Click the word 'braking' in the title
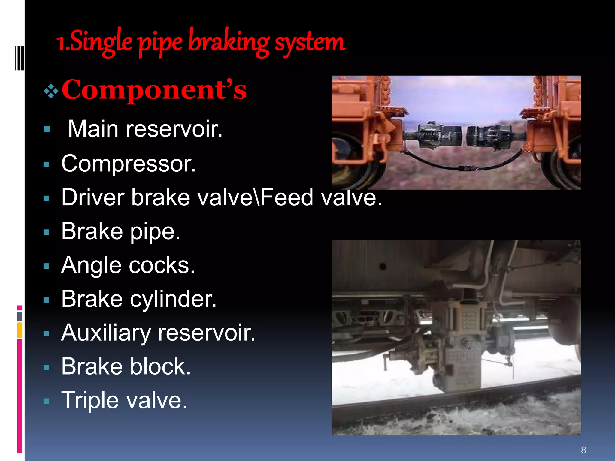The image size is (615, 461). tap(229, 42)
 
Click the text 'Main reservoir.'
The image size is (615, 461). tap(145, 129)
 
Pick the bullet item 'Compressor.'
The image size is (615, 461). tap(129, 164)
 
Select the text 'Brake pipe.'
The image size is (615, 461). tap(121, 231)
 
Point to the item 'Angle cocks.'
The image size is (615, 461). tap(128, 265)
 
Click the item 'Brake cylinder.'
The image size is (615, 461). tap(139, 299)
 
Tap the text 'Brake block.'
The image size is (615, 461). tap(126, 366)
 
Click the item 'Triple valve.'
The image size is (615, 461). tap(124, 400)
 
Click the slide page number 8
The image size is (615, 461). tap(583, 450)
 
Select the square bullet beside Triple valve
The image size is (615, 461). tap(46, 402)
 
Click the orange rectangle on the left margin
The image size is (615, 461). tap(20, 330)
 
